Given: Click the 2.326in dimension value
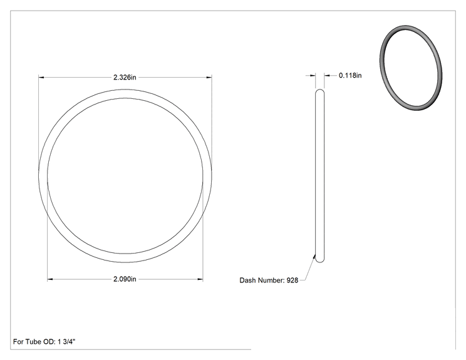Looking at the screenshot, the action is coord(125,77).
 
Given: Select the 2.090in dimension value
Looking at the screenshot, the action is coord(125,279).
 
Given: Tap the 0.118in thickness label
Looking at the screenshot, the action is coord(350,76).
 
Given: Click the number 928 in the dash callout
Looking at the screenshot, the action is coord(292,280).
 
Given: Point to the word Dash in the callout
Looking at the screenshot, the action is coord(247,280).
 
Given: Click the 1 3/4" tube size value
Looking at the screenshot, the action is coord(66,342).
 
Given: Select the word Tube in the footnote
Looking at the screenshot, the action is coord(34,342).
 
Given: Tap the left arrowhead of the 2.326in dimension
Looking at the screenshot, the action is coord(41,78).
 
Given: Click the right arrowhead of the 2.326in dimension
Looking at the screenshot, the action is coord(209,78).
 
